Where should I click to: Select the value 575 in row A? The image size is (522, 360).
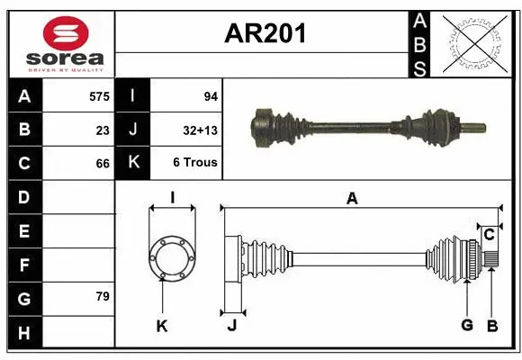click(x=99, y=95)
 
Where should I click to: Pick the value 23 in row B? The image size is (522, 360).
click(x=103, y=130)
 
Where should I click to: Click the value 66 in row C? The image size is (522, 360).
click(x=103, y=164)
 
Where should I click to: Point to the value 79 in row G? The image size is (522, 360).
click(x=103, y=296)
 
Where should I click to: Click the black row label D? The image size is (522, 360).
click(x=23, y=197)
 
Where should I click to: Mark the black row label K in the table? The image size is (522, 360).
click(x=132, y=163)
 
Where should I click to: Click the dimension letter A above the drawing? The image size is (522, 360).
click(x=352, y=199)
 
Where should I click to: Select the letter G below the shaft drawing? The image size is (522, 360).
click(x=466, y=326)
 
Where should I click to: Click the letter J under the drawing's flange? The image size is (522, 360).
click(x=231, y=326)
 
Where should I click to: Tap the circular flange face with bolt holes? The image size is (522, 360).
click(x=171, y=258)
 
